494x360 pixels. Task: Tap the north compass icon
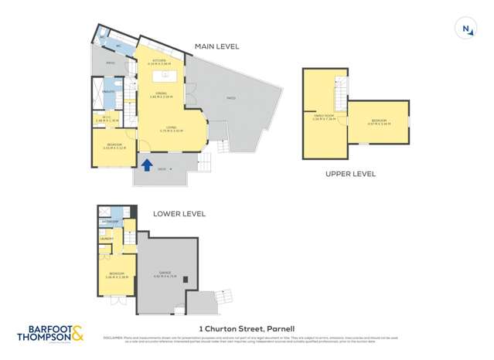tap(466, 29)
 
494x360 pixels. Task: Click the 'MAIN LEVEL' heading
tap(216, 46)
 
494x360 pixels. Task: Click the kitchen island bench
tap(165, 76)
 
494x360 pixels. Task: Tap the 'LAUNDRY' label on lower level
tap(106, 239)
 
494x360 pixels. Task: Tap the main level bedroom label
tap(112, 145)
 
